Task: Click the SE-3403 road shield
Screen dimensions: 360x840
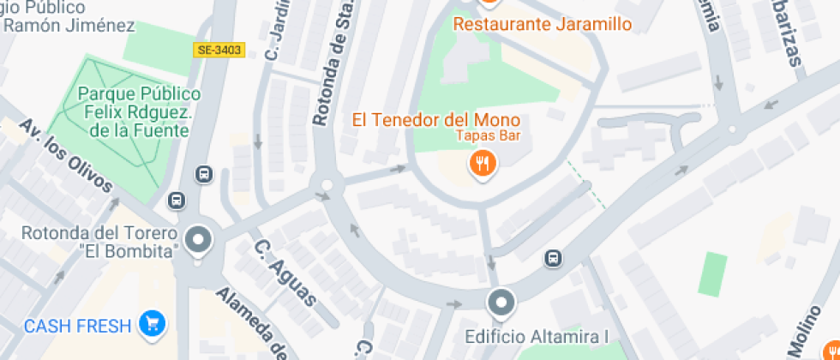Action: (220, 51)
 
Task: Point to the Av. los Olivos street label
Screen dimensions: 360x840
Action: (67, 156)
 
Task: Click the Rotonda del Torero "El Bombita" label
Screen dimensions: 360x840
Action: (100, 241)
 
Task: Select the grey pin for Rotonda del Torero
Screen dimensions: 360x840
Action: (199, 240)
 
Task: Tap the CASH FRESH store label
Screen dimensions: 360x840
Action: (78, 326)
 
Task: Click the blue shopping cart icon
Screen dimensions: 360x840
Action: (153, 324)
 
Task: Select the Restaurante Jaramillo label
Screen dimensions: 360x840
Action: (542, 24)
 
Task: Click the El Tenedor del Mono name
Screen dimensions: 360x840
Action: (436, 119)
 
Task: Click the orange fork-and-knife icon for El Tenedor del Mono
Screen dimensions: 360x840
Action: (483, 163)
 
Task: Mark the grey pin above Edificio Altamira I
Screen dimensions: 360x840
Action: (501, 302)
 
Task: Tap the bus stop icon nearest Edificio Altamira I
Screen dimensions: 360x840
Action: (554, 257)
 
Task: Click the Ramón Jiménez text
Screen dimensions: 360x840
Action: (68, 25)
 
